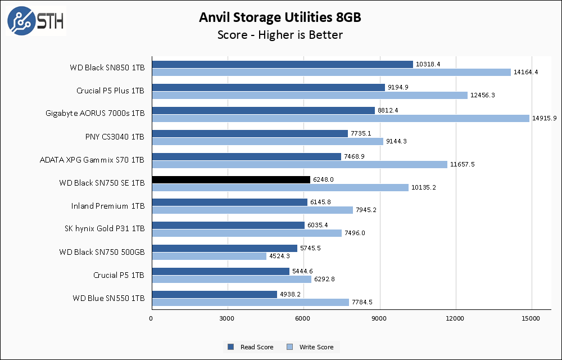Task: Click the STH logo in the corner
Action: click(36, 21)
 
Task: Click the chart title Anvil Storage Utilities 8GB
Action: click(280, 17)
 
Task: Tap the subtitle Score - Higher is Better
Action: click(280, 35)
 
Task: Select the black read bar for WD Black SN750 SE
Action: click(231, 179)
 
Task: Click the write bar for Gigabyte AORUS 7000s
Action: click(341, 118)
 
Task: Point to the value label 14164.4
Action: click(525, 72)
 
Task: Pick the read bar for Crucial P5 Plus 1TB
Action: click(268, 87)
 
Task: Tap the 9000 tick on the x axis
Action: click(380, 319)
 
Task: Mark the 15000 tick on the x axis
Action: click(532, 319)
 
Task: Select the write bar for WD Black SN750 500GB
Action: click(209, 256)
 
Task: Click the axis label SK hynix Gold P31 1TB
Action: click(105, 229)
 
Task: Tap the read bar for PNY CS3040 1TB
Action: click(250, 133)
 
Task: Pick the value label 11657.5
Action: click(463, 164)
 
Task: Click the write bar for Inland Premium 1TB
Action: click(252, 210)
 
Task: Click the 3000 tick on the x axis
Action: click(228, 319)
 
